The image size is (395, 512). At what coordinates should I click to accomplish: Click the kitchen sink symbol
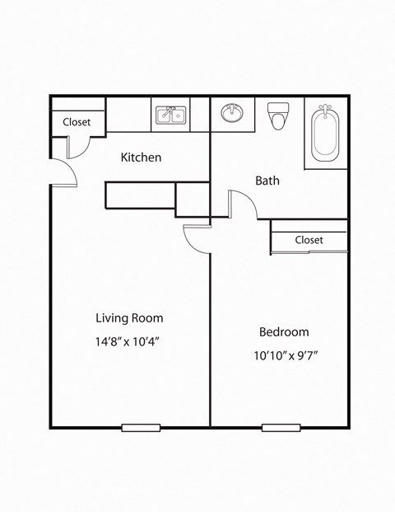(171, 115)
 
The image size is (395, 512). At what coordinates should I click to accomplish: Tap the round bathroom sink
(231, 113)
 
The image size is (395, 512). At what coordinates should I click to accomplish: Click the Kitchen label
(142, 157)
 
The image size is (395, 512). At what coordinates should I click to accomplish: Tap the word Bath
(267, 181)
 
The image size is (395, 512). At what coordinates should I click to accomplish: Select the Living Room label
(129, 317)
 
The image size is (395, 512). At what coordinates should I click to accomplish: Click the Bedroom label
(284, 332)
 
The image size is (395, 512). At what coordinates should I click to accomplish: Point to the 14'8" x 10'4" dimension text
(127, 341)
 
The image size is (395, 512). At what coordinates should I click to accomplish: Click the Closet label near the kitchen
(77, 122)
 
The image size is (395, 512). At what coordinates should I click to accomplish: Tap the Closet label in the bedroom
(309, 240)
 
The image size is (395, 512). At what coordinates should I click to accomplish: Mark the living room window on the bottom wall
(141, 427)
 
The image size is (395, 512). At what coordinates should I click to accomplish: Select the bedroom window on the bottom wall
(281, 427)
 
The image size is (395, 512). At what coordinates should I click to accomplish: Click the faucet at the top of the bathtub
(326, 109)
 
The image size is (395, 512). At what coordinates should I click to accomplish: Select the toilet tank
(279, 108)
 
